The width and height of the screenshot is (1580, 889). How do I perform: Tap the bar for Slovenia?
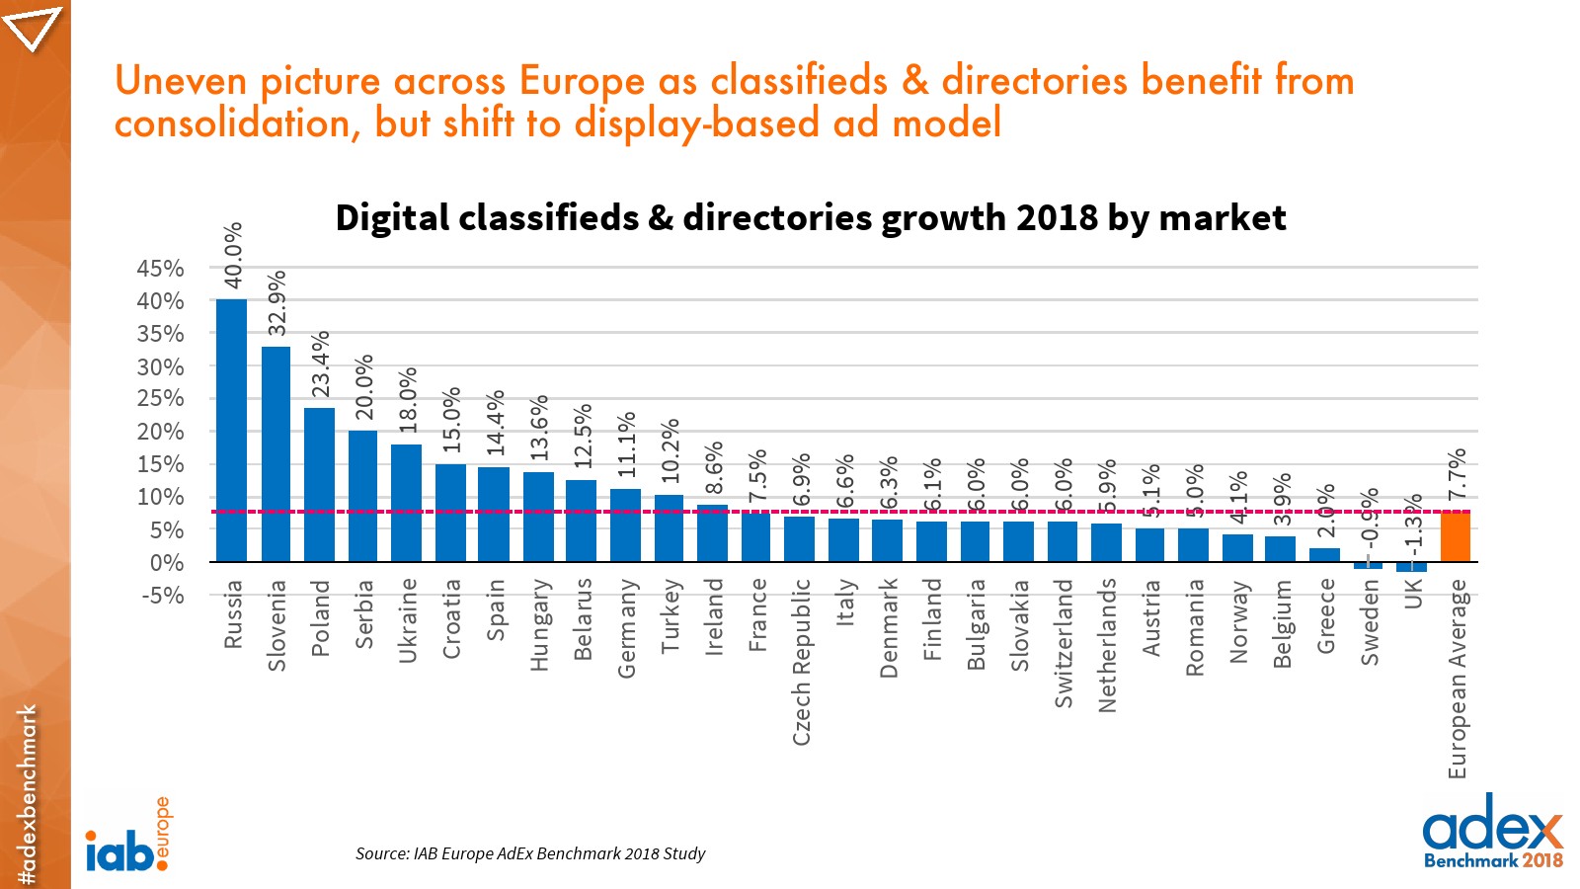point(276,454)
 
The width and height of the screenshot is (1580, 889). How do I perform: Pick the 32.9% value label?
point(277,302)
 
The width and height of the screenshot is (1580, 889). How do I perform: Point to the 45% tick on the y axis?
point(160,269)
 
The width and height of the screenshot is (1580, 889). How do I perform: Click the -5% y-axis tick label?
point(163,596)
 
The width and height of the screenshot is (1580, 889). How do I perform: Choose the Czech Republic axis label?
point(801,662)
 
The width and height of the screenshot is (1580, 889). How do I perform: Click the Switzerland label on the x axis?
point(1063,643)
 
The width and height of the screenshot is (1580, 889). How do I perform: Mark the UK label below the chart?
point(1413,594)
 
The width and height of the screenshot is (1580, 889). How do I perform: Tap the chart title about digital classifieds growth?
point(810,217)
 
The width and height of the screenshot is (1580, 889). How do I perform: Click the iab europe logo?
point(127,838)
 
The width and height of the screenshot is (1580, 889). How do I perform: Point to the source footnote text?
point(530,853)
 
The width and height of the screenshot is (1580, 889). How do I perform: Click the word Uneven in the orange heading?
point(183,81)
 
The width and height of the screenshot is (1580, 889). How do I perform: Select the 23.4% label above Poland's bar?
point(321,364)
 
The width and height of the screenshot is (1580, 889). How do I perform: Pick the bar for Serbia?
point(362,496)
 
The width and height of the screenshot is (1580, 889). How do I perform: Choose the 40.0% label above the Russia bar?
point(233,255)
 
